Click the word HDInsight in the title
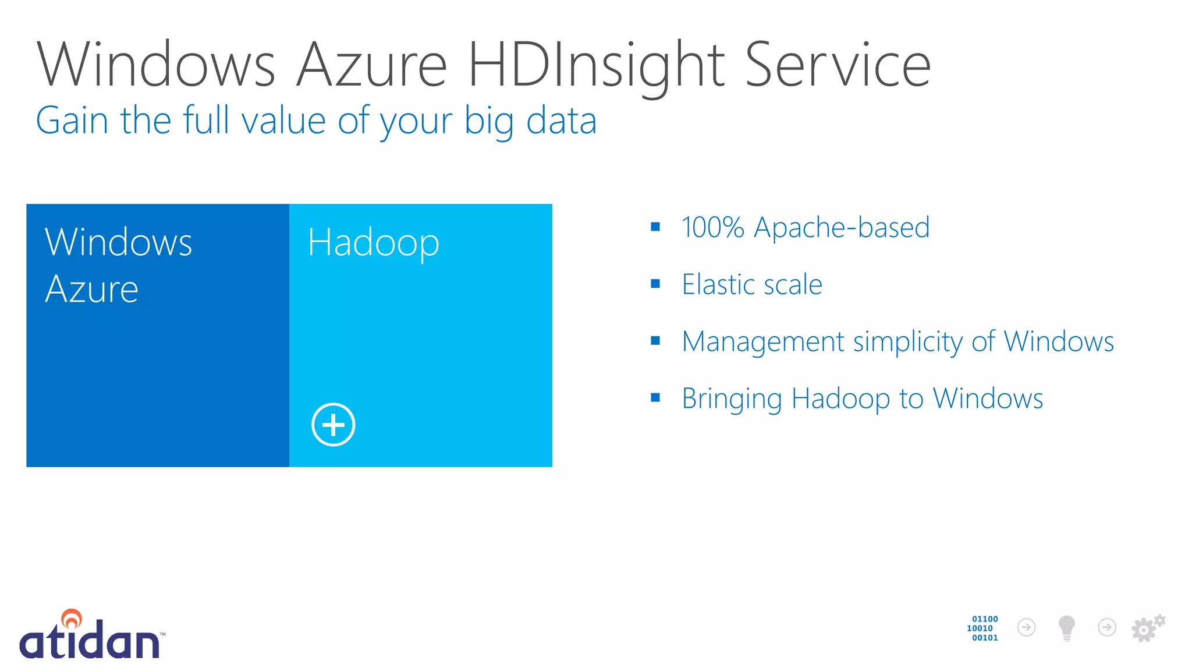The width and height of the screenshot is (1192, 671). pyautogui.click(x=596, y=65)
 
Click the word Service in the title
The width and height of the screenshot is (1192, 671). pyautogui.click(x=838, y=65)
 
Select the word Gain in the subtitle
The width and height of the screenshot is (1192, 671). pyautogui.click(x=72, y=121)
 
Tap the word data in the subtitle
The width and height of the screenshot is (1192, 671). pyautogui.click(x=561, y=121)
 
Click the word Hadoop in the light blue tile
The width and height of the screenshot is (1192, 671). pyautogui.click(x=373, y=242)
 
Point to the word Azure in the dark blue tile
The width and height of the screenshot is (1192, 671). pyautogui.click(x=92, y=289)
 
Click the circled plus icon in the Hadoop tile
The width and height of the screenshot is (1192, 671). pyautogui.click(x=333, y=425)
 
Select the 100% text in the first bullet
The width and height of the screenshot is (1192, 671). pyautogui.click(x=712, y=227)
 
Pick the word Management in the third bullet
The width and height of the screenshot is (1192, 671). pyautogui.click(x=762, y=341)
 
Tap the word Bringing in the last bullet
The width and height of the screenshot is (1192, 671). pyautogui.click(x=732, y=399)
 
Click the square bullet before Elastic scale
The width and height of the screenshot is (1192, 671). pyautogui.click(x=655, y=284)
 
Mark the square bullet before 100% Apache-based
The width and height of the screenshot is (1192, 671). pyautogui.click(x=655, y=227)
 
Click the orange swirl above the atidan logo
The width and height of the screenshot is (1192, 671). pyautogui.click(x=72, y=618)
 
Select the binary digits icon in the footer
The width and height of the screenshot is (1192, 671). pyautogui.click(x=983, y=628)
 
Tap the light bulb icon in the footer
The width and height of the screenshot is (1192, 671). pyautogui.click(x=1066, y=628)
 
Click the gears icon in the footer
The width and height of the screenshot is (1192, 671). pyautogui.click(x=1147, y=628)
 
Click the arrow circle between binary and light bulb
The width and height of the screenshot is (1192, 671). pyautogui.click(x=1026, y=627)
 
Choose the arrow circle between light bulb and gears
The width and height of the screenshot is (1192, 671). pyautogui.click(x=1106, y=627)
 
